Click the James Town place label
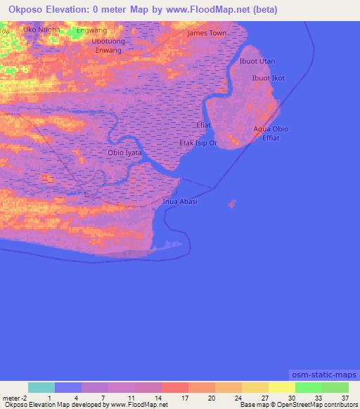click(x=207, y=33)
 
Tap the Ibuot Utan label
click(x=257, y=62)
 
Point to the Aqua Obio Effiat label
click(x=271, y=134)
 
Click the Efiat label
click(x=203, y=125)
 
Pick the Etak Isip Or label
click(x=198, y=143)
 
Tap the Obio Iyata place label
click(x=124, y=152)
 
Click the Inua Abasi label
click(x=180, y=202)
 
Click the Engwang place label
click(x=91, y=31)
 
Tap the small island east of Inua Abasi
click(x=231, y=204)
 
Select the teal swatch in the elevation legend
click(x=41, y=387)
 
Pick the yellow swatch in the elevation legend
click(x=281, y=387)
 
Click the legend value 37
click(x=345, y=398)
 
